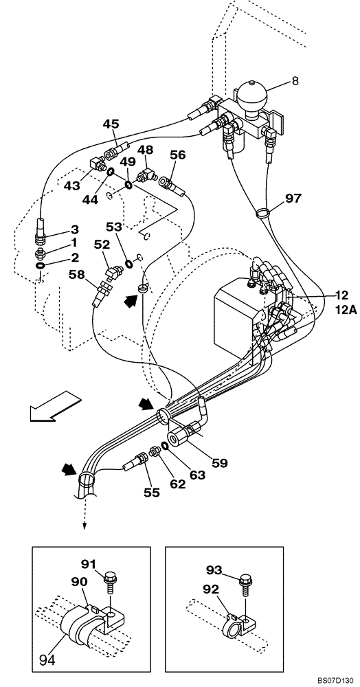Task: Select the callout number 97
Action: click(x=293, y=199)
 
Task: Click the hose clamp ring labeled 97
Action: click(x=262, y=214)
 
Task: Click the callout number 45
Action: click(x=111, y=124)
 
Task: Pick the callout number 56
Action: click(x=178, y=155)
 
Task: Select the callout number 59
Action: click(x=218, y=464)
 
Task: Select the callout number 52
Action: click(x=102, y=244)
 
